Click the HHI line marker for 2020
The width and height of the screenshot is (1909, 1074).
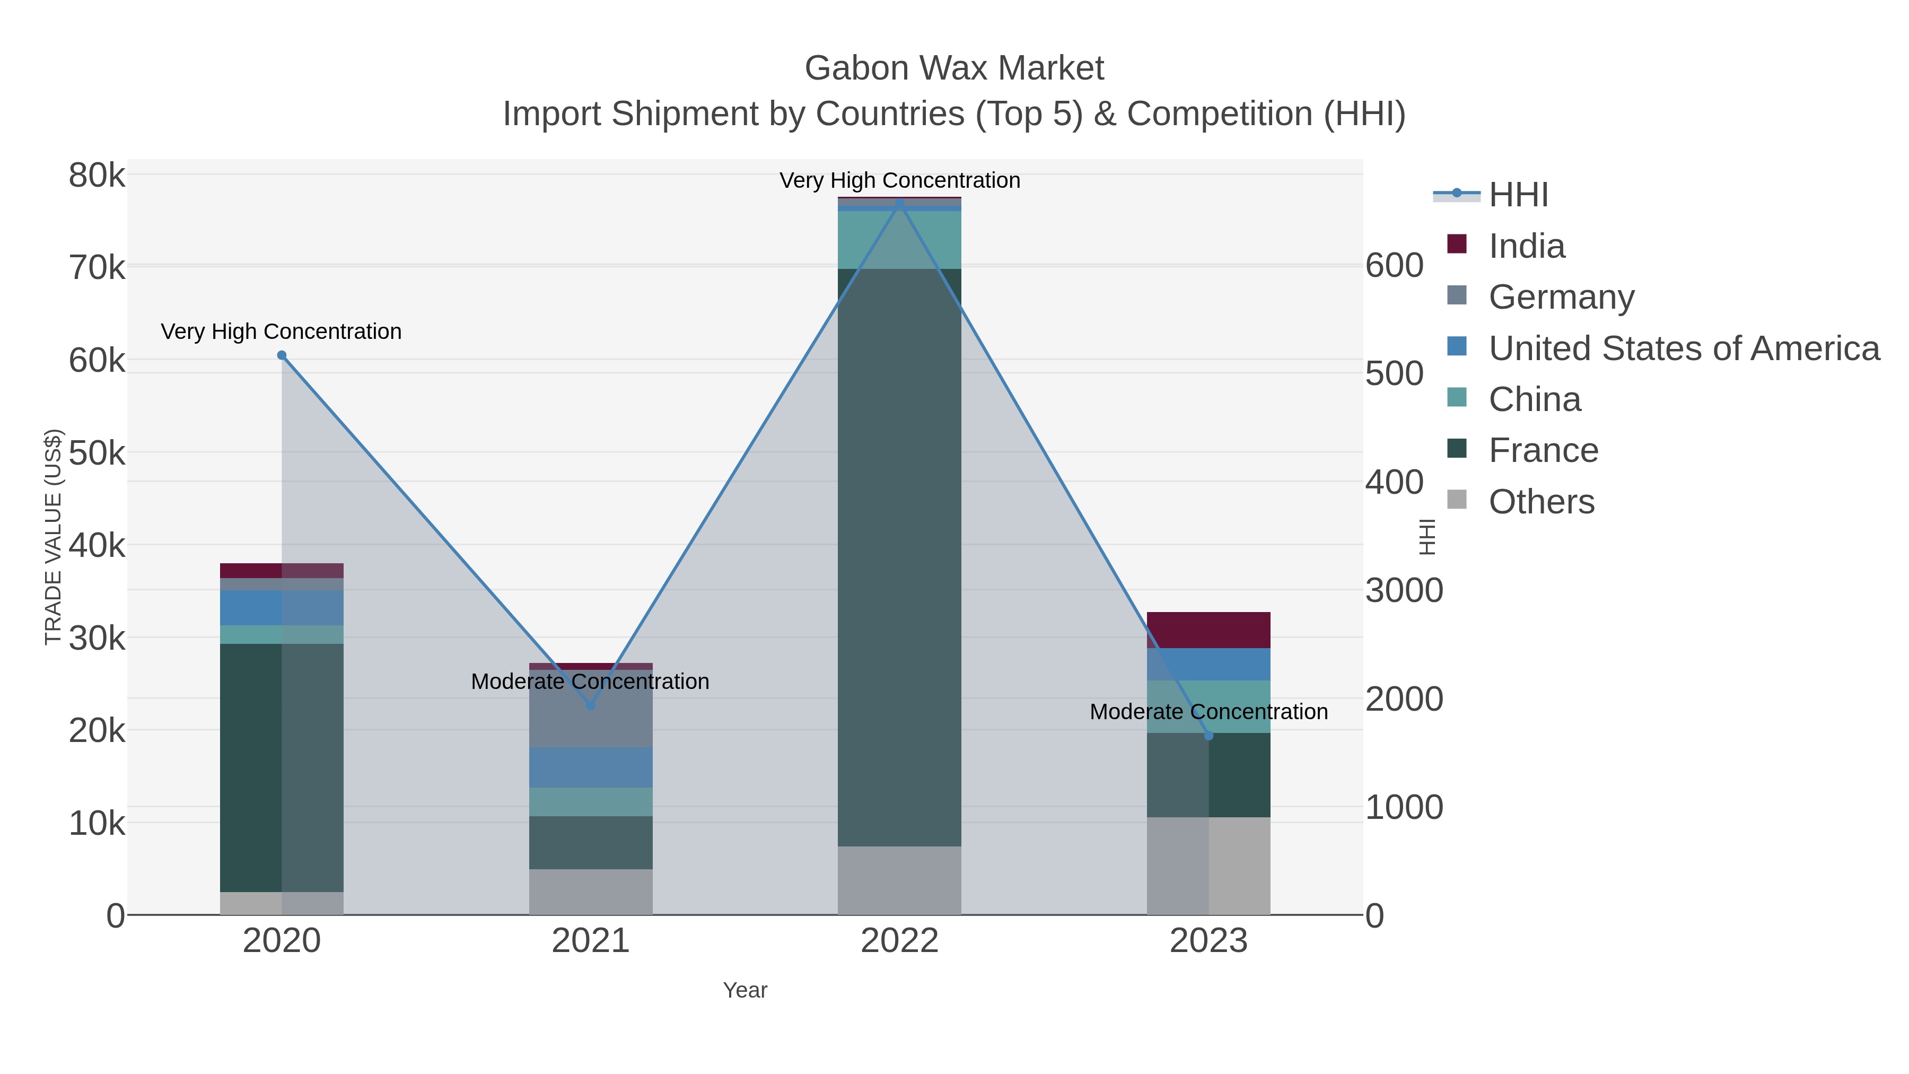point(282,355)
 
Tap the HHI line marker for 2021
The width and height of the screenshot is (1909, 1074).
point(591,705)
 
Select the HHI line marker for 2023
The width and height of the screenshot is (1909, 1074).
point(1209,735)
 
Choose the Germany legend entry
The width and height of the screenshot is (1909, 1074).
point(1561,297)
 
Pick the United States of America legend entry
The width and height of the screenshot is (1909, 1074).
point(1683,348)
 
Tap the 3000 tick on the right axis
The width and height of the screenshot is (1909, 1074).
point(1404,591)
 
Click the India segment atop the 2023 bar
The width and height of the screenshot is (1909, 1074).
point(1209,630)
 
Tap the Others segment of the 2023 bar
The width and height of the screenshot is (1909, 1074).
point(1209,866)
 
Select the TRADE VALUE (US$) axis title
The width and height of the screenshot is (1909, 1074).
point(54,537)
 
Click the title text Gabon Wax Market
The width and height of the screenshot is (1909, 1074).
point(954,68)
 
